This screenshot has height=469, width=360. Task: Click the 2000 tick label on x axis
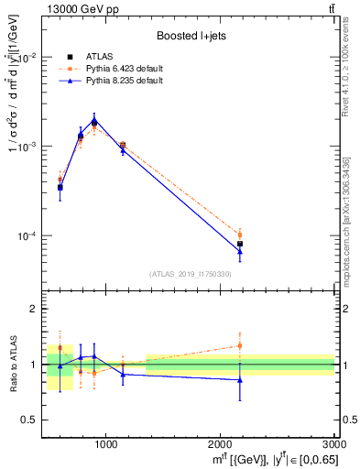[x=220, y=444]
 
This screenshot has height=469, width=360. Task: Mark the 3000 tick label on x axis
[x=333, y=444]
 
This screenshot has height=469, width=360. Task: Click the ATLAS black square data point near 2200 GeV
[x=240, y=244]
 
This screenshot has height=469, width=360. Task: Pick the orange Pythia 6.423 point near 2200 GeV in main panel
[x=240, y=234]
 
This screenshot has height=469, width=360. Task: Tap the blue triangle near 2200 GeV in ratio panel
[x=240, y=379]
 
